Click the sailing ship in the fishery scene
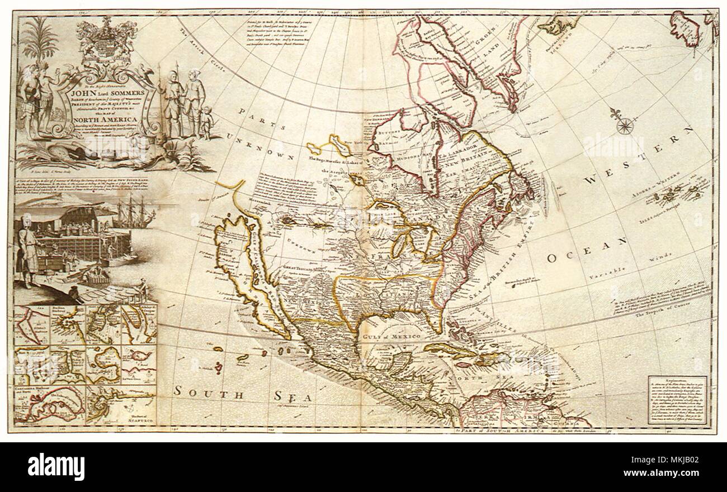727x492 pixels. pyautogui.click(x=133, y=215)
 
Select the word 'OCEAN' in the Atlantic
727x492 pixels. pyautogui.click(x=587, y=250)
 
